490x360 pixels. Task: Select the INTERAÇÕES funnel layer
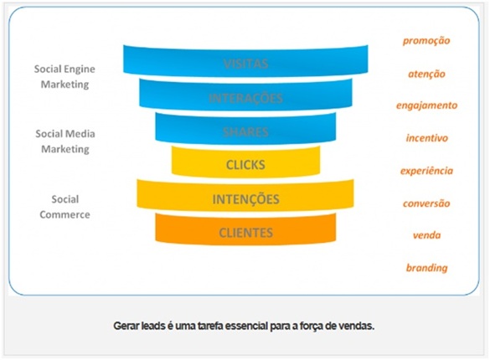[245, 97]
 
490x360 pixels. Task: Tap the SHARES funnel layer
[245, 131]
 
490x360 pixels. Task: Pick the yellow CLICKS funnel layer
[245, 164]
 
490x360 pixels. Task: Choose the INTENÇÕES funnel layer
[245, 199]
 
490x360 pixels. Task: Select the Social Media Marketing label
[64, 141]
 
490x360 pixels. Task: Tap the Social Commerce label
[64, 207]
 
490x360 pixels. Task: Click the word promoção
[426, 40]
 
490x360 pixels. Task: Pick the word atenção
[426, 74]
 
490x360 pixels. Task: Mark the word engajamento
[426, 105]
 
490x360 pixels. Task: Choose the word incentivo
[426, 137]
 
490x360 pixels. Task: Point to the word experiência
[426, 170]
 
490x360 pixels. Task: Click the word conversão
[426, 203]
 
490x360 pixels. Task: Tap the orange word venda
[426, 235]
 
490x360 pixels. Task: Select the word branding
[426, 268]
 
